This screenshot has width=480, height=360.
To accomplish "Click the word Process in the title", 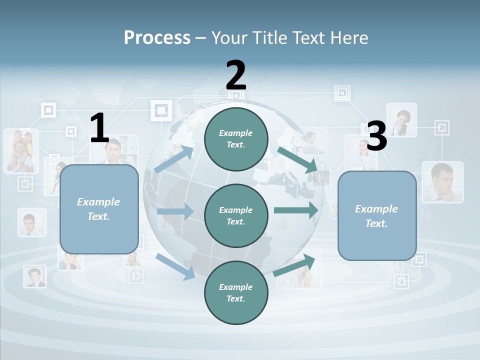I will point(157,37).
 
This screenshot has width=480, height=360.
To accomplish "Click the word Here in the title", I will point(349,37).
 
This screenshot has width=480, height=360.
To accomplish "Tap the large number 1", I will point(99,128).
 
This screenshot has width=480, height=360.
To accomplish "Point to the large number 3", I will point(377,136).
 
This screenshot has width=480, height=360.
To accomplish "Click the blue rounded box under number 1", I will point(99,209).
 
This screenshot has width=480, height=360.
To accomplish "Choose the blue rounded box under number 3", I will point(377,216).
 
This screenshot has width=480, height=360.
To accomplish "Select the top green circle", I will point(236,139).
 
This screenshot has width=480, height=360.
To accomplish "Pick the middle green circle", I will point(236,216).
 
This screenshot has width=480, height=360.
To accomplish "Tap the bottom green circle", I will point(236,293).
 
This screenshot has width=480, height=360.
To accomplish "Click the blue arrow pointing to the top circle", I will point(174,159).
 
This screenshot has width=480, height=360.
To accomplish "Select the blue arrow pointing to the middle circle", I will point(175,211).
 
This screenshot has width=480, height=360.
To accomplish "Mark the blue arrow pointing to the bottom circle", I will point(175,266).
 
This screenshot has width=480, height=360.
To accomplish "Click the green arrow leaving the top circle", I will point(297,159).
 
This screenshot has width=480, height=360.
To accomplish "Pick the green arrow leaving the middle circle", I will point(296,210).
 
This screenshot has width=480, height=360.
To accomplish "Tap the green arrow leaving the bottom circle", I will point(294,265).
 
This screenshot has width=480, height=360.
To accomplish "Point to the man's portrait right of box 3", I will point(442,181).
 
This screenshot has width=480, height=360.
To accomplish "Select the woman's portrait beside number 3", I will point(401,120).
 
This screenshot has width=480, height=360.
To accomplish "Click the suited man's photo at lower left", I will point(35,276).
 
